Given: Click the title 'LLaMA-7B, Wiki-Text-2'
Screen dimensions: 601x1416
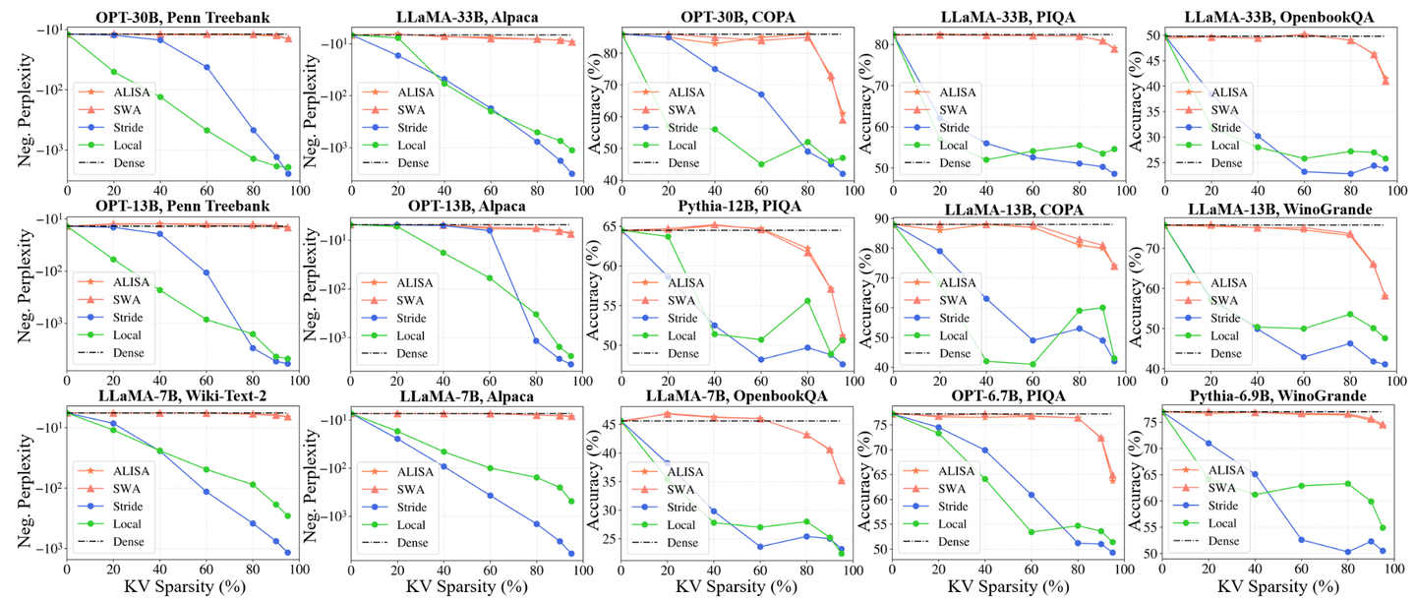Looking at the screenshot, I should [176, 396].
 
